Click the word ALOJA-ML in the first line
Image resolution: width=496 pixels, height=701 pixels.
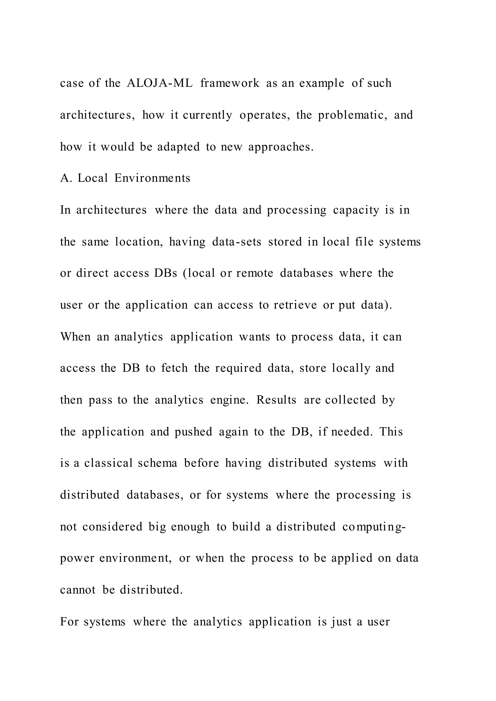click(159, 83)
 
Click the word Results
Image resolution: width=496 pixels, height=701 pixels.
click(276, 400)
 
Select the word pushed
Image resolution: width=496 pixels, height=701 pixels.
click(193, 432)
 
